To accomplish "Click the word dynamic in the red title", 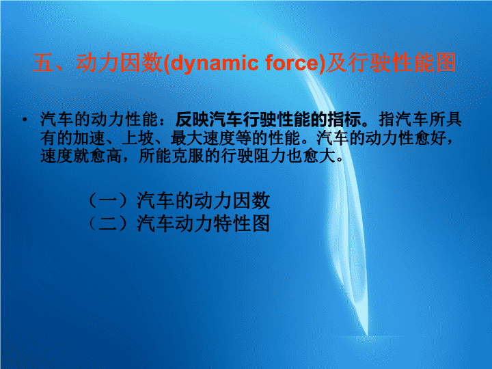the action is click(x=213, y=63).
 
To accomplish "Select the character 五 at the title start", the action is click(x=43, y=63).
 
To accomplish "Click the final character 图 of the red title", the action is click(x=446, y=62).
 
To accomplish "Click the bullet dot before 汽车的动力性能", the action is click(x=25, y=119).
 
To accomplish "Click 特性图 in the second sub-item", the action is click(x=241, y=223).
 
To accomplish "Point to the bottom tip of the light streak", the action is click(x=366, y=336).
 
